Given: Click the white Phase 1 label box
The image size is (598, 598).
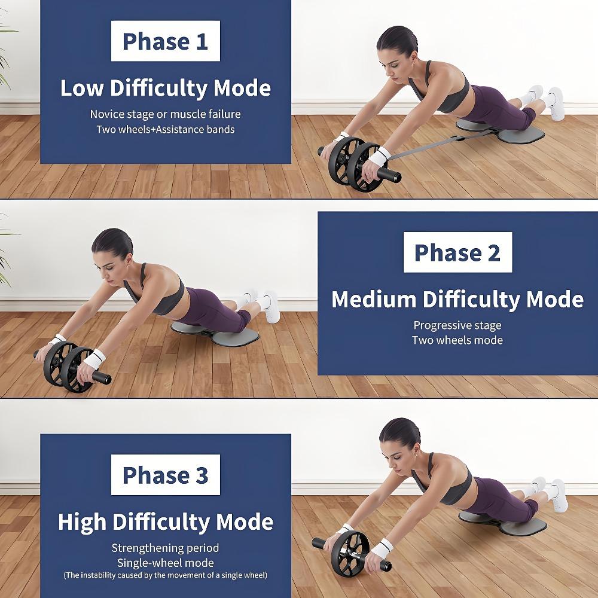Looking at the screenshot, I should click(x=165, y=41).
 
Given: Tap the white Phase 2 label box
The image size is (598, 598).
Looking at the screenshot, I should click(x=457, y=252).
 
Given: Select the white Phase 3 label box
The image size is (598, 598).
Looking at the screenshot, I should click(x=165, y=475).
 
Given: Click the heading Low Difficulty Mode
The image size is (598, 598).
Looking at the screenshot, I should click(x=166, y=89).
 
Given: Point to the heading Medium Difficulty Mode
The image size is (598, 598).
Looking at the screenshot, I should click(x=457, y=299).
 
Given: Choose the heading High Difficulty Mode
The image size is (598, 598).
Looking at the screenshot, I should click(x=166, y=521).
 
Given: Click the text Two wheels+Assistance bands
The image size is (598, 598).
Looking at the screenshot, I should click(x=166, y=129).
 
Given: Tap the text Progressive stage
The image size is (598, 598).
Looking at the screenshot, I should click(x=457, y=325).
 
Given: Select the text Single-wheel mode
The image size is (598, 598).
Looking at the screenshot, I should click(x=166, y=563).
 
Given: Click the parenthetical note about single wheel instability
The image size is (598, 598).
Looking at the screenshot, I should click(x=166, y=575).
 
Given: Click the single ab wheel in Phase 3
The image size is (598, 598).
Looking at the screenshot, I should click(x=350, y=550).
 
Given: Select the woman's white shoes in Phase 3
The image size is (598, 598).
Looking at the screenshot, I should click(x=550, y=493).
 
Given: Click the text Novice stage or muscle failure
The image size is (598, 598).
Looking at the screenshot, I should click(x=166, y=114).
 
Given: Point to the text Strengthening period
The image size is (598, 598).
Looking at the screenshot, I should click(x=166, y=548).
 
